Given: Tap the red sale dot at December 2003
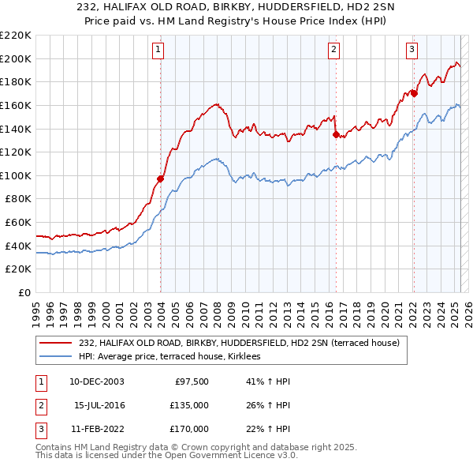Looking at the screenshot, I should click(x=160, y=179).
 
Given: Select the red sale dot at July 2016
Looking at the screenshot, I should click(x=336, y=134).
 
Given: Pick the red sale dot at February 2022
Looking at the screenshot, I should click(x=414, y=93).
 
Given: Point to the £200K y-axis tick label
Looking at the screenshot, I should click(x=16, y=58).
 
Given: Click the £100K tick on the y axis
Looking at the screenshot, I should click(x=16, y=175).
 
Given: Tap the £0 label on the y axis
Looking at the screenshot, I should click(x=24, y=293).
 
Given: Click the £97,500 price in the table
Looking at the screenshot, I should click(x=191, y=381).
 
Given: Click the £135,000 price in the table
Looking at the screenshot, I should click(x=189, y=405).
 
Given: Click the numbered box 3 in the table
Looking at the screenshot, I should click(x=39, y=429).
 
